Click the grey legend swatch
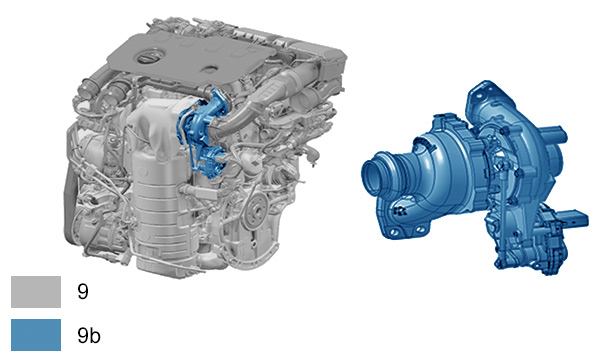pos(36,292)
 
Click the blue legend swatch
pos(36,335)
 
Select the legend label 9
pos(83,292)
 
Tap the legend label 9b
pos(89,335)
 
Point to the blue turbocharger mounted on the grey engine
pos(202,133)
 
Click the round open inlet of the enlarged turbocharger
pos(377,171)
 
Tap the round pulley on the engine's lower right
pos(257,211)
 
